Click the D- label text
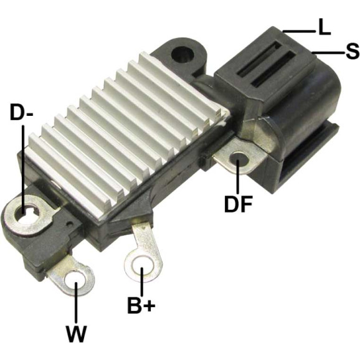coord(22,112)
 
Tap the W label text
coord(76,334)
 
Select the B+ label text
coord(141,305)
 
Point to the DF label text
coord(239,204)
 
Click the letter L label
coord(324,27)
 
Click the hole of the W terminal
coord(75,281)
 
